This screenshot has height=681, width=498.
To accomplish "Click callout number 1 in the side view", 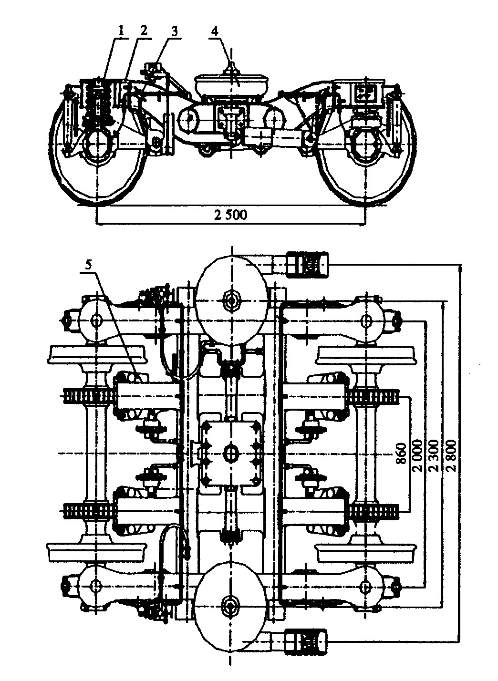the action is (121, 31).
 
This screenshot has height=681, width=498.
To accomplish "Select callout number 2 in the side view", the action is (144, 31).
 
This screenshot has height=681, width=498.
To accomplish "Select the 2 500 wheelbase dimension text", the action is (231, 215).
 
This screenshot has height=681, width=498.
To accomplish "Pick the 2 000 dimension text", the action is (417, 455).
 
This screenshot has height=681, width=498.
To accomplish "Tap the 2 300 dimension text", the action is (434, 455).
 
